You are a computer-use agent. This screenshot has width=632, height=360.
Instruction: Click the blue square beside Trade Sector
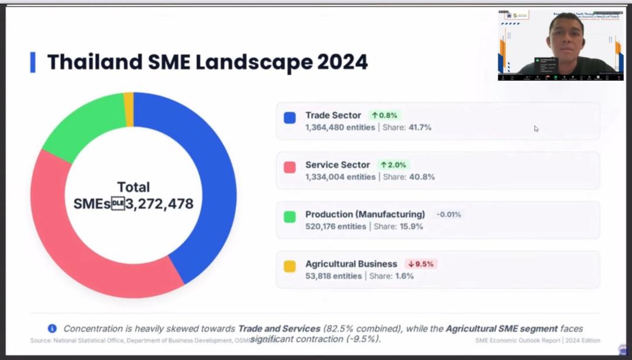pyautogui.click(x=290, y=118)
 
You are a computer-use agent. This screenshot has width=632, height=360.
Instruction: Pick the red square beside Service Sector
pyautogui.click(x=290, y=167)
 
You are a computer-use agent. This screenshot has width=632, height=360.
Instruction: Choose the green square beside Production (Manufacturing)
pyautogui.click(x=290, y=217)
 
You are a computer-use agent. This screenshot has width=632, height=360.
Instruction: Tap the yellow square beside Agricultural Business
pyautogui.click(x=290, y=266)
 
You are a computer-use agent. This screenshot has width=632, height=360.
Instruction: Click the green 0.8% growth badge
pyautogui.click(x=384, y=115)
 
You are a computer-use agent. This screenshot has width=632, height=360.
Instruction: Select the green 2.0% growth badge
pyautogui.click(x=393, y=165)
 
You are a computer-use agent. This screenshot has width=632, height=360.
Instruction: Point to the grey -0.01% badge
pyautogui.click(x=449, y=214)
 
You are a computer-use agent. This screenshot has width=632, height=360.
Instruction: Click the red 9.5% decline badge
pyautogui.click(x=421, y=264)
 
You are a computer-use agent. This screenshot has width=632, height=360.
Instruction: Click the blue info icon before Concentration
pyautogui.click(x=52, y=329)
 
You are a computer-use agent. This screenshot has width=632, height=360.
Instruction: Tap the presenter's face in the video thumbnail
pyautogui.click(x=566, y=36)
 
